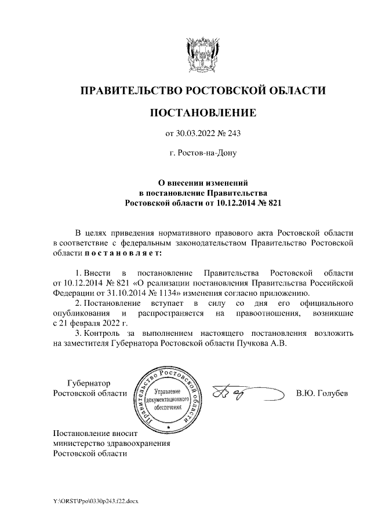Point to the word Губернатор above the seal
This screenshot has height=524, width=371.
coord(88,383)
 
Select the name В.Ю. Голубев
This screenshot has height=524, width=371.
coord(322,394)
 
